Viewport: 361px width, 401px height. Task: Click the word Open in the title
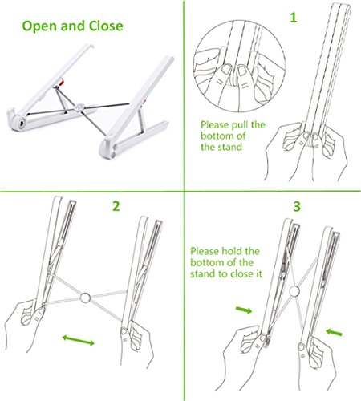click(39, 26)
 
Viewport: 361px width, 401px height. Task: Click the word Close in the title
click(106, 26)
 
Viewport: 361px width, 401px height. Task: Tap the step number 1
click(294, 18)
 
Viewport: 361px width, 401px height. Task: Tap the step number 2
click(116, 206)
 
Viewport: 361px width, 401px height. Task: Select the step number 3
click(297, 206)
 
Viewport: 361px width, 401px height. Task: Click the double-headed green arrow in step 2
click(78, 340)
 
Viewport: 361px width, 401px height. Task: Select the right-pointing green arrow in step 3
click(244, 310)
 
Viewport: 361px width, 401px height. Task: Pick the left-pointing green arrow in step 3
click(334, 332)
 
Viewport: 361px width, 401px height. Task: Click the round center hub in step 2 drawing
click(85, 298)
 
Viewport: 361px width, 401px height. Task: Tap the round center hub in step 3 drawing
click(294, 290)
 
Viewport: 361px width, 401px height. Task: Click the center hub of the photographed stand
click(79, 107)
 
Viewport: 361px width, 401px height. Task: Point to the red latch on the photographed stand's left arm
click(61, 82)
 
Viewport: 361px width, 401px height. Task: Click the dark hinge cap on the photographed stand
click(22, 124)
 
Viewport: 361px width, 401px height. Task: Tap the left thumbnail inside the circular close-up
click(227, 70)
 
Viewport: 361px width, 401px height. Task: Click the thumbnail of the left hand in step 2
click(42, 311)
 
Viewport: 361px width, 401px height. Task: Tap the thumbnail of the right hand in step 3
click(302, 348)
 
